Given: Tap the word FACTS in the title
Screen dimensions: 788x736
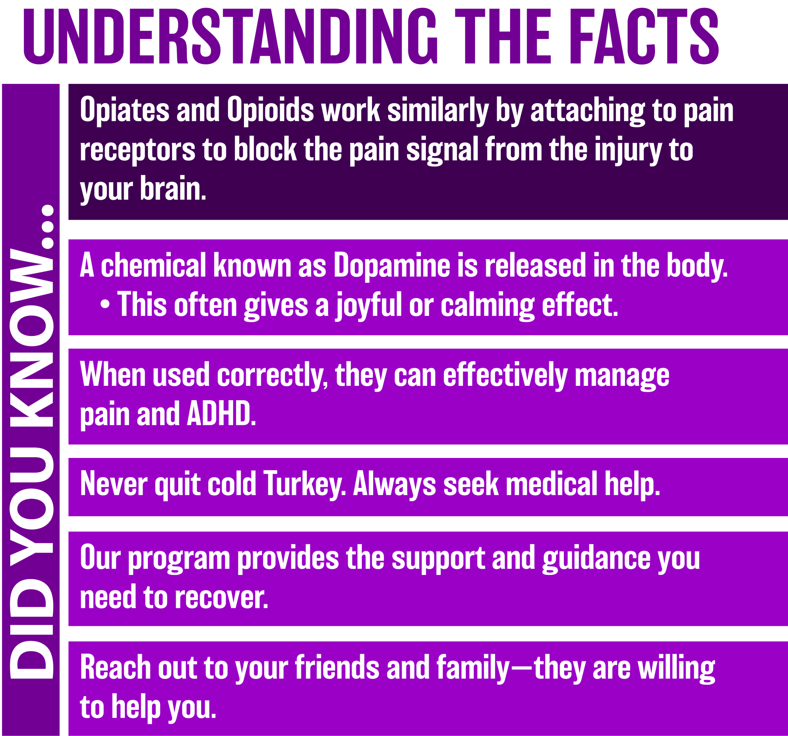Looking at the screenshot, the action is (645, 37).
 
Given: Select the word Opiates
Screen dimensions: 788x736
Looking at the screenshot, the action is (125, 110).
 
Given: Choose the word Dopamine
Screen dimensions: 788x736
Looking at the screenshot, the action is (391, 265).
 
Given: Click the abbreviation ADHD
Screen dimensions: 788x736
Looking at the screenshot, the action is (221, 413).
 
